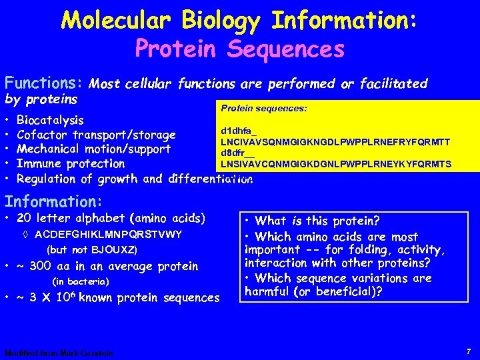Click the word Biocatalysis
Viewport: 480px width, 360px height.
coord(50,121)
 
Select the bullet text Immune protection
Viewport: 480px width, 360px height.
coord(71,164)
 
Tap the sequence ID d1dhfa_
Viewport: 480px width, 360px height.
coord(234,131)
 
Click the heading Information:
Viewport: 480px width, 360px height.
coord(53,201)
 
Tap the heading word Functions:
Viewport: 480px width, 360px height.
coord(43,83)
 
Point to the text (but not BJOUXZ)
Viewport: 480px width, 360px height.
coord(93,250)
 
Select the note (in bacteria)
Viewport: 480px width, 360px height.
coord(80,281)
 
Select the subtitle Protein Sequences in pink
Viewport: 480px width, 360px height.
coord(239,49)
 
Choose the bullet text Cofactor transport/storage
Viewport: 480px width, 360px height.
coord(96,135)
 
